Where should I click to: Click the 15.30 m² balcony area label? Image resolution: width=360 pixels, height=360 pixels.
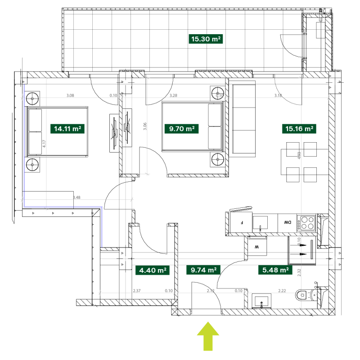pyautogui.click(x=206, y=39)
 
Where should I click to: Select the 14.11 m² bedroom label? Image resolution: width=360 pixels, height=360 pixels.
pyautogui.click(x=67, y=129)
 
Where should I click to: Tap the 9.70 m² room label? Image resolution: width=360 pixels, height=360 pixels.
pyautogui.click(x=182, y=129)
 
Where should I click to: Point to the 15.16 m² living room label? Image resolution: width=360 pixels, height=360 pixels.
pyautogui.click(x=299, y=129)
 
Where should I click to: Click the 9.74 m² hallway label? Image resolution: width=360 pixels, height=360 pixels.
pyautogui.click(x=204, y=270)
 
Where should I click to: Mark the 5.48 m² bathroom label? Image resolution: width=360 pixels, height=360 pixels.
pyautogui.click(x=275, y=270)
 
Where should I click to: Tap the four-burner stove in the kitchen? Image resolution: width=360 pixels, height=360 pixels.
pyautogui.click(x=307, y=222)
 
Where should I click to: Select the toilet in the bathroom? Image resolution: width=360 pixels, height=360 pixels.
pyautogui.click(x=304, y=296)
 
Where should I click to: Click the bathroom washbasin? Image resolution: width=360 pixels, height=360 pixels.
pyautogui.click(x=263, y=300)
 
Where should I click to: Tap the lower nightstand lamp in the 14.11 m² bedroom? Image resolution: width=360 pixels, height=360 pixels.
pyautogui.click(x=32, y=165)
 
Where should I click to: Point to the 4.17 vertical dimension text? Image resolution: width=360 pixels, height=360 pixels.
pyautogui.click(x=45, y=143)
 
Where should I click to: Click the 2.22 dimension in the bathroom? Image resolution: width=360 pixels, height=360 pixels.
pyautogui.click(x=282, y=291)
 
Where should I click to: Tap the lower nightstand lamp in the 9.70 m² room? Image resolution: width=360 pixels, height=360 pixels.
pyautogui.click(x=218, y=159)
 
